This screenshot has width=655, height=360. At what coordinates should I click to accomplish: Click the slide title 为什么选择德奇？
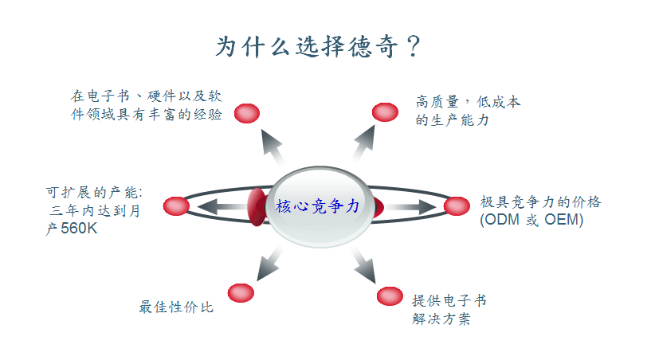318,46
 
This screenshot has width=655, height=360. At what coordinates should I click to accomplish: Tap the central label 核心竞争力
317,206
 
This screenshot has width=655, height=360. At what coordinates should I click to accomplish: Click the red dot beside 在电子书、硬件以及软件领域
247,113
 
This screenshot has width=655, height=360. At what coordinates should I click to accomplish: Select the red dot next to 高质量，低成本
385,112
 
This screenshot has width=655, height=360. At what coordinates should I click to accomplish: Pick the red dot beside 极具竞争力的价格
457,206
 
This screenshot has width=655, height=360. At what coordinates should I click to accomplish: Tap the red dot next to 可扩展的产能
176,206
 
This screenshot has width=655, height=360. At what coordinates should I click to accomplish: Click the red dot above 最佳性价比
241,293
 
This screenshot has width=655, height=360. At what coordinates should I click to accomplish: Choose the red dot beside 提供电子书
390,296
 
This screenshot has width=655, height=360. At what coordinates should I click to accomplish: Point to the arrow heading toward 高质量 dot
363,143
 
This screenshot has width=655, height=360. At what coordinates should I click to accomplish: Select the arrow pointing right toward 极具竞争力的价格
410,207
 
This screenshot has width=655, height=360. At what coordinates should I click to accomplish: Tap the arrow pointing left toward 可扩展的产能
223,207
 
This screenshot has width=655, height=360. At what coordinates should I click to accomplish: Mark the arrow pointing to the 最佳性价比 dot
269,264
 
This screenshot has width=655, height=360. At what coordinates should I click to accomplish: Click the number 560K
79,229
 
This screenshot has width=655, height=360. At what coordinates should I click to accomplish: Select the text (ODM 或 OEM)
531,220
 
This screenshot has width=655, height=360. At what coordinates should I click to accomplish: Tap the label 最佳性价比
176,307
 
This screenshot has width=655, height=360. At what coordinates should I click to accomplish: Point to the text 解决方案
441,319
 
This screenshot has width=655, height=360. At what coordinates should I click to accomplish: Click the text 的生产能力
452,120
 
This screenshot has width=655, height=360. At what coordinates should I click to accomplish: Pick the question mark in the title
414,46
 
